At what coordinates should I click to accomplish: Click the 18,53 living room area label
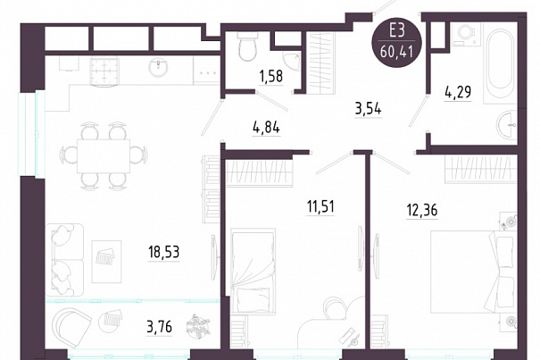click(164, 252)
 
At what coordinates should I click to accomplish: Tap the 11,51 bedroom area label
click(320, 207)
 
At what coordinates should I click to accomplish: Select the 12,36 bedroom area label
click(422, 210)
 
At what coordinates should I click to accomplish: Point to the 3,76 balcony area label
click(159, 327)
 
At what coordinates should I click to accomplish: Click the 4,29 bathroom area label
click(458, 92)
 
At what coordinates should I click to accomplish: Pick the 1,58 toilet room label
click(271, 77)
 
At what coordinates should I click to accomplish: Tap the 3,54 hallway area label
click(368, 110)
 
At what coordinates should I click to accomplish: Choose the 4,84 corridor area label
click(266, 128)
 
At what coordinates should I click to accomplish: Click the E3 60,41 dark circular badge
click(396, 44)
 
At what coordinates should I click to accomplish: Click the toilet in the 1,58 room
click(247, 46)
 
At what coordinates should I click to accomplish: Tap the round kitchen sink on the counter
click(158, 67)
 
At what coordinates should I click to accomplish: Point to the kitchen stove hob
click(104, 71)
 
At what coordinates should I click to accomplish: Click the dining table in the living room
click(104, 155)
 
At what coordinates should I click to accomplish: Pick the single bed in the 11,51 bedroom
click(253, 270)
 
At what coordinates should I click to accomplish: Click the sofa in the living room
click(64, 260)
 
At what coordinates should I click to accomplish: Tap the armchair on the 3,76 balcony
click(71, 327)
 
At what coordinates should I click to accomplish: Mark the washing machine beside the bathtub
click(466, 33)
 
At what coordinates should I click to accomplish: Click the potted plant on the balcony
click(197, 326)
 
